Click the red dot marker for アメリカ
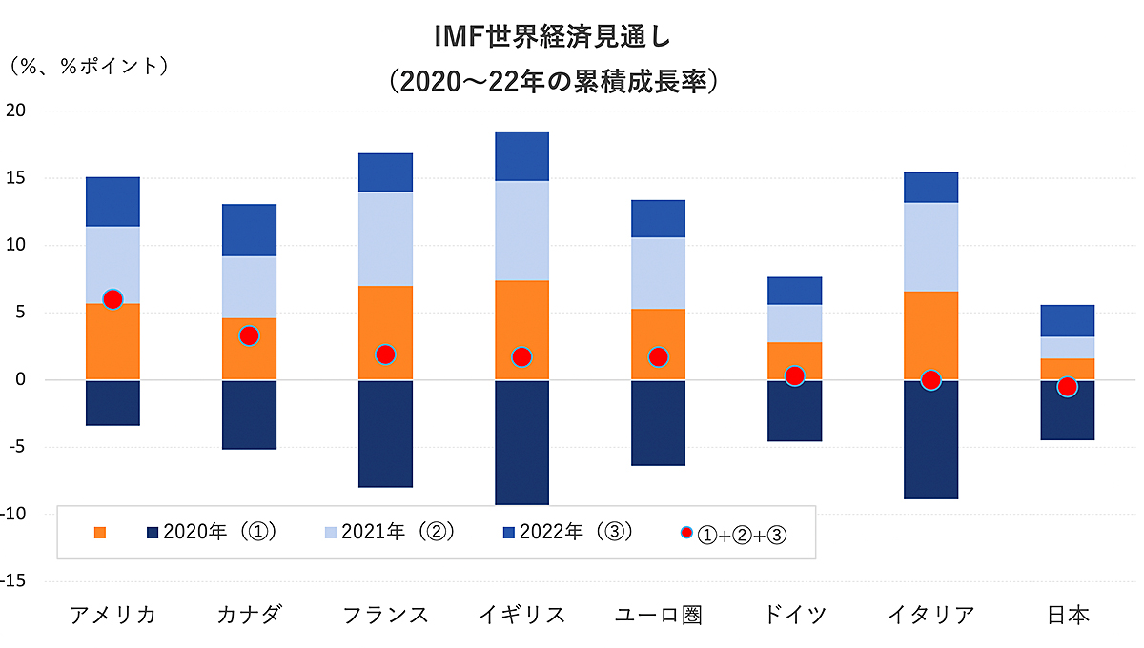click(112, 299)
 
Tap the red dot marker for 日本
click(1067, 386)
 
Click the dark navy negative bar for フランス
click(385, 434)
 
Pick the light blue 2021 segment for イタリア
click(930, 247)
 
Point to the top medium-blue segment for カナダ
click(249, 230)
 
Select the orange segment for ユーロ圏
click(658, 329)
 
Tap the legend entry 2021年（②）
click(387, 532)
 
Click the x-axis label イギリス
click(521, 615)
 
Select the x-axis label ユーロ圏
click(658, 615)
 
